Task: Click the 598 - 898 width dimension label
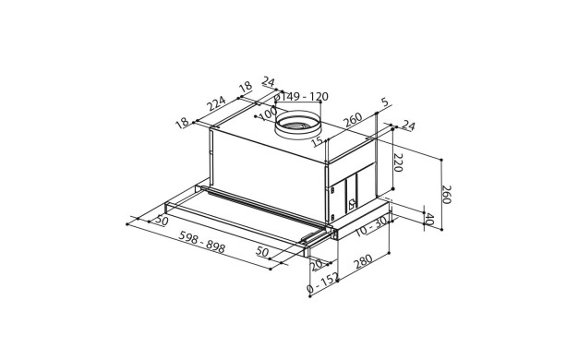point(201,242)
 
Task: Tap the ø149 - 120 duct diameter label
point(301,97)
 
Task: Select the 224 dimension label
point(216,103)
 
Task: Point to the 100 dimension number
point(268,114)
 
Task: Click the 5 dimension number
point(384,102)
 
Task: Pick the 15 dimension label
point(317,141)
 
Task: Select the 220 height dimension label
point(397,162)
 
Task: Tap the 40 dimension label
point(429,219)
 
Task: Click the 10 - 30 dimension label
point(371,226)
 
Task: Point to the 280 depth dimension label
point(363,261)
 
